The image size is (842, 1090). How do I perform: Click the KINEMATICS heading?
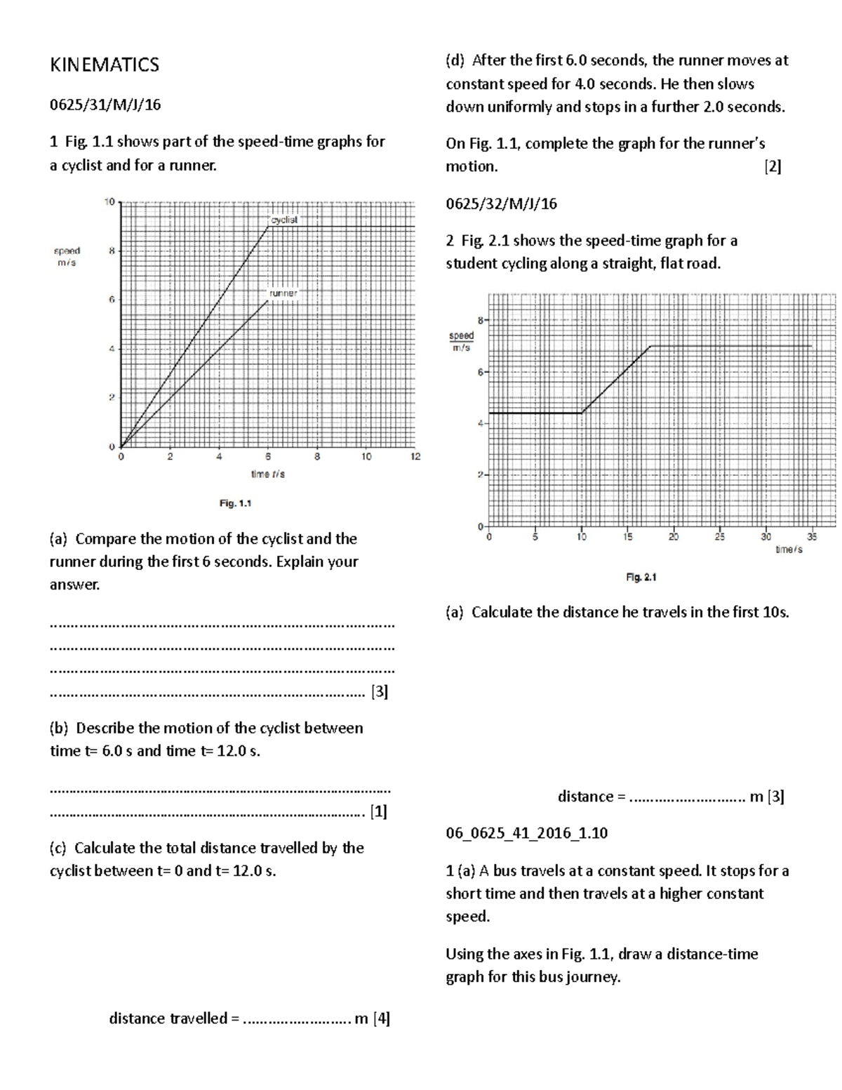click(105, 65)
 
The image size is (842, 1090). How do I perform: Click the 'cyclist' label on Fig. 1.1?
click(284, 220)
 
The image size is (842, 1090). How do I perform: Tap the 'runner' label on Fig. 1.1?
click(283, 293)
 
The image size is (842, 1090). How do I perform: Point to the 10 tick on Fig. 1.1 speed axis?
click(109, 202)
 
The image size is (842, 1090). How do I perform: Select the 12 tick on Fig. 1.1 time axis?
click(415, 457)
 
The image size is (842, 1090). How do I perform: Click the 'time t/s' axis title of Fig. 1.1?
click(268, 474)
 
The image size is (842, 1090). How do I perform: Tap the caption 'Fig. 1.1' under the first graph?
click(235, 503)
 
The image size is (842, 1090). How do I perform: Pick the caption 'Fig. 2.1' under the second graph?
click(641, 578)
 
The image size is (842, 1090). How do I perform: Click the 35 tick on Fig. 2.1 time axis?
click(812, 538)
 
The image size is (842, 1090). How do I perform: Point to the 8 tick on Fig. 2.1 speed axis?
click(481, 320)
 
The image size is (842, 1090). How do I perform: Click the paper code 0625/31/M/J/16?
click(105, 105)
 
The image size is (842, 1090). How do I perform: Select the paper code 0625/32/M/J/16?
click(501, 204)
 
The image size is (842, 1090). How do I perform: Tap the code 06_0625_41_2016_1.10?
click(526, 834)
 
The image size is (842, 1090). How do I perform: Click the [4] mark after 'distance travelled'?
click(382, 1018)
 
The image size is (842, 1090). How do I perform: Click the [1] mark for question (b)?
click(379, 812)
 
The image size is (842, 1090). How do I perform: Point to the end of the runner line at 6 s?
click(268, 300)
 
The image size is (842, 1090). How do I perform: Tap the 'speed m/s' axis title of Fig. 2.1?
click(462, 342)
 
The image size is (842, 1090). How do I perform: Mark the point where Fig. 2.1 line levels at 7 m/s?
click(650, 346)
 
